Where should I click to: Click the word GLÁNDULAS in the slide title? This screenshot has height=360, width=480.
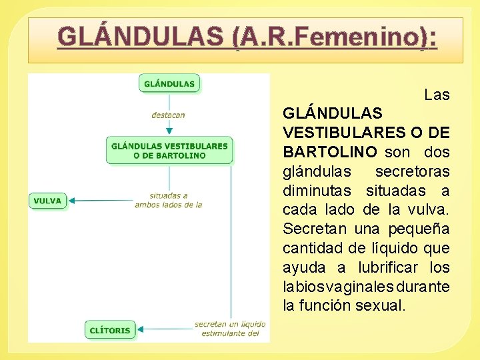pos(141,37)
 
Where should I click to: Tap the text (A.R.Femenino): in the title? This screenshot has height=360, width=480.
pos(335,37)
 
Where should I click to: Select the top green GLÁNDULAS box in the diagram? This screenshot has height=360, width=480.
pos(169,83)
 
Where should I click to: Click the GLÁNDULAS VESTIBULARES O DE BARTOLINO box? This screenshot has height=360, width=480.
pos(169,151)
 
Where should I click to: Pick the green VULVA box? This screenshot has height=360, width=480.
pos(47,200)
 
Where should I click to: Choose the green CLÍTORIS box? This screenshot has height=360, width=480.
pos(110,329)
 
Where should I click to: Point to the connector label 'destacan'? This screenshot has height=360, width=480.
pos(168,115)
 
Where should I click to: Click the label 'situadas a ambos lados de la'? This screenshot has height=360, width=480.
pos(169,201)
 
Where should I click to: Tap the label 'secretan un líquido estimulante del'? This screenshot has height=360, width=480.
pos(230,329)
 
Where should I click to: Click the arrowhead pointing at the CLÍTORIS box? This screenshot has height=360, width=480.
pos(141,329)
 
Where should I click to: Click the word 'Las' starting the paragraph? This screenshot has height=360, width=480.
pos(437,95)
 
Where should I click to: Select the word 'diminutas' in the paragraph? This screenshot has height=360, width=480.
pos(321,191)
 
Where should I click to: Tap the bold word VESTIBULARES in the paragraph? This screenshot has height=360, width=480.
pos(338,133)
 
